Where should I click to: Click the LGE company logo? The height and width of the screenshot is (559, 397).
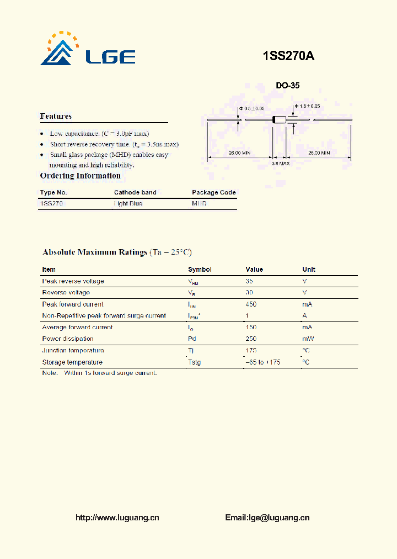(87, 51)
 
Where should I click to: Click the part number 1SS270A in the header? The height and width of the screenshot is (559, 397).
(288, 56)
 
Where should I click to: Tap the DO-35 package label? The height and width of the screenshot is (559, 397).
(287, 86)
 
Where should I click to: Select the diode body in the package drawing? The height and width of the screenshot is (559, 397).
(280, 119)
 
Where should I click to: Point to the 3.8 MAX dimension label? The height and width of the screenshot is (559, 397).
(281, 164)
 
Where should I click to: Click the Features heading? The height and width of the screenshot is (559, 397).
(56, 116)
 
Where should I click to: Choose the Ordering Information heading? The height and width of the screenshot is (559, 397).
(81, 176)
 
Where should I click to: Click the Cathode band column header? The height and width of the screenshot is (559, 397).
(135, 192)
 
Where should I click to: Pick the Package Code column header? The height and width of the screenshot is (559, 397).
(213, 192)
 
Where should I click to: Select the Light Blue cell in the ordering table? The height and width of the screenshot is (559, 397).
(128, 204)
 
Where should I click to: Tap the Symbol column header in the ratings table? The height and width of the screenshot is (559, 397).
(200, 270)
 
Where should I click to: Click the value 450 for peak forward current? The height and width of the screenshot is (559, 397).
(251, 304)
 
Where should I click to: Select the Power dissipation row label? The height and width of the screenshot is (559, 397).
(68, 339)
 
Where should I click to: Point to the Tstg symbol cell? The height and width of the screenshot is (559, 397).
(195, 362)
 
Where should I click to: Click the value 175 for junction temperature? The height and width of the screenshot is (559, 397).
(251, 351)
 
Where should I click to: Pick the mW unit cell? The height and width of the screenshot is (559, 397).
(308, 339)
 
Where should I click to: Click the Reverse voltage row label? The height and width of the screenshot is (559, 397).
(66, 293)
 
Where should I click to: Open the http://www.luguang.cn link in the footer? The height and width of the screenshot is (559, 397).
(117, 518)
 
